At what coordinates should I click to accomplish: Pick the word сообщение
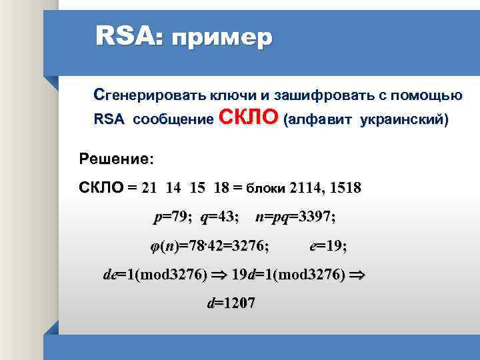pos(173,121)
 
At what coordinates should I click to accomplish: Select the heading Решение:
pos(116,159)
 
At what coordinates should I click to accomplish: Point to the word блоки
pos(268,188)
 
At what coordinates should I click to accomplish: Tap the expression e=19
pos(328,246)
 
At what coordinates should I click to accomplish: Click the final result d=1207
pos(231,303)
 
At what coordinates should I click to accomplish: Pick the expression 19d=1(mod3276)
pos(287,274)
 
